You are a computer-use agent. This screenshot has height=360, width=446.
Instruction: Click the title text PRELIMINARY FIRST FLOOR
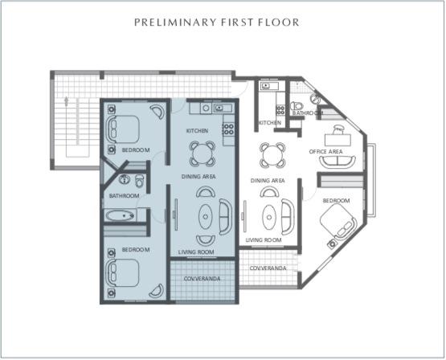(217, 22)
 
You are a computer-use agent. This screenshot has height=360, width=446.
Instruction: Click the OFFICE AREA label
(327, 151)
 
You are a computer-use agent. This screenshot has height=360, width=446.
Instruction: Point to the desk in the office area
(338, 129)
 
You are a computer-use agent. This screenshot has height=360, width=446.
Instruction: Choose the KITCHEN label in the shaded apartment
(198, 130)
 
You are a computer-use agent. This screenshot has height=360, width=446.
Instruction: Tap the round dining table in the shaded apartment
(202, 153)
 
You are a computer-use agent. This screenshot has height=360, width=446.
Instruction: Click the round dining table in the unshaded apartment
(272, 153)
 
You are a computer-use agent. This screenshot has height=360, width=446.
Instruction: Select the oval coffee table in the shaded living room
(207, 216)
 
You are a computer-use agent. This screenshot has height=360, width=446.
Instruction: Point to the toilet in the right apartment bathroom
(298, 105)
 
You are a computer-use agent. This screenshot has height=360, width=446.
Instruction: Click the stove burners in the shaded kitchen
(228, 126)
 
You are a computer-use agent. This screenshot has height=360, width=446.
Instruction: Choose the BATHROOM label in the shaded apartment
(125, 195)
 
